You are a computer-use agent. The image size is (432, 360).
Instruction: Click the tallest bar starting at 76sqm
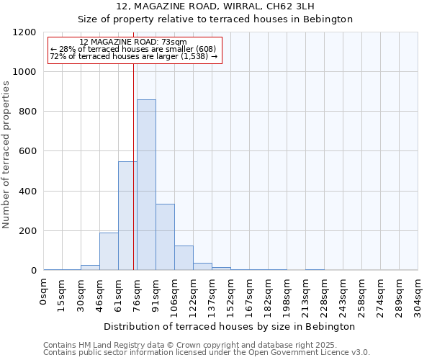tap(146, 185)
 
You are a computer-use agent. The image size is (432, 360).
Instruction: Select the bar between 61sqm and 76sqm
tap(127, 216)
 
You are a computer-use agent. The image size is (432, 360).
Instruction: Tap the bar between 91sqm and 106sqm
tap(165, 237)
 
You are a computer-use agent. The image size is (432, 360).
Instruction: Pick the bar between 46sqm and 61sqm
tap(109, 251)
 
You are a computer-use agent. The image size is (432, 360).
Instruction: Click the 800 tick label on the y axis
tap(25, 112)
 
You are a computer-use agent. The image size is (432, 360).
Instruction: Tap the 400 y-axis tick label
tap(25, 192)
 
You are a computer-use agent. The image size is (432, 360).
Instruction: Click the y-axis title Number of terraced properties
tap(6, 155)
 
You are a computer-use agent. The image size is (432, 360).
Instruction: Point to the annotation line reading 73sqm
tap(133, 42)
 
